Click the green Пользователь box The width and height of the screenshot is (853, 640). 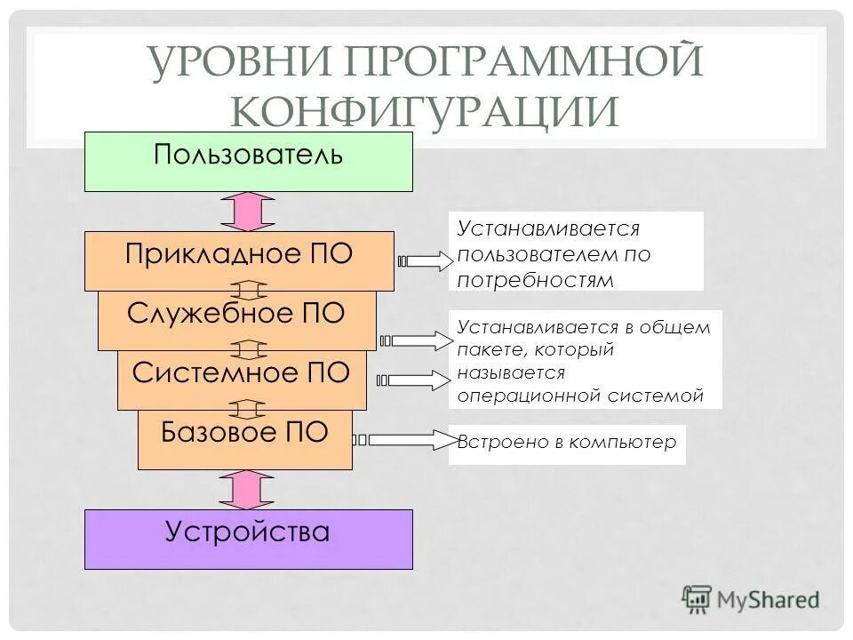point(248,162)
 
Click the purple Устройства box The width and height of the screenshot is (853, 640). point(248,539)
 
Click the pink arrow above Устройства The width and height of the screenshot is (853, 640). point(248,489)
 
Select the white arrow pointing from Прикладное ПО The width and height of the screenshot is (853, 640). point(426,261)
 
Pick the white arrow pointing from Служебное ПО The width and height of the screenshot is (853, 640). point(417,340)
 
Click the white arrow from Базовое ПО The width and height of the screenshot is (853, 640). point(404,440)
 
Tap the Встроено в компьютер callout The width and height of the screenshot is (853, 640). point(567,444)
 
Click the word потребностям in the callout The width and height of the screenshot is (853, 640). point(536,280)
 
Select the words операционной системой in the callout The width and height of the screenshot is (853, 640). point(580,396)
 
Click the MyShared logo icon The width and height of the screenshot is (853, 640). point(698,600)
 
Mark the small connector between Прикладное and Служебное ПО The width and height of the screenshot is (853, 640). point(248,291)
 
